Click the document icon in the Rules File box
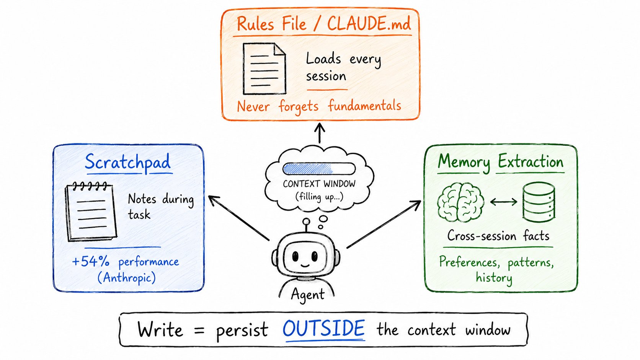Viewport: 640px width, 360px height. coord(264,68)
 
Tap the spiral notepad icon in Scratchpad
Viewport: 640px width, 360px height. coord(91,212)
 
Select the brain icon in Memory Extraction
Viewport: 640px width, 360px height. coord(460,202)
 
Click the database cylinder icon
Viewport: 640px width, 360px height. coord(539,202)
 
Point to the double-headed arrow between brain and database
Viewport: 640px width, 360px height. coord(504,202)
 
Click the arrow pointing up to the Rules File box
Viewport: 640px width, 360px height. coord(320,133)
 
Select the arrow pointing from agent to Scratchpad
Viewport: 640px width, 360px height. coord(239,218)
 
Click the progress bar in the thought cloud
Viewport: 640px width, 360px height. coord(319,169)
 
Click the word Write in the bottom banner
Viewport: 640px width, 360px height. coord(160,329)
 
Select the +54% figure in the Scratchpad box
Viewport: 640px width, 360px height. coord(91,262)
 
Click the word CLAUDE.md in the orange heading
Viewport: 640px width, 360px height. coord(369,23)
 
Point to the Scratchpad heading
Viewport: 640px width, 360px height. coord(128,162)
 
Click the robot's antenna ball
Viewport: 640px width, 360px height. coord(306,222)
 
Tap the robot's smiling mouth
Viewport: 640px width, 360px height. coord(305,265)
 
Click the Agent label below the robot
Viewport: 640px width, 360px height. coord(308,294)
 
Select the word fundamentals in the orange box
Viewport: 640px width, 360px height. coord(364,106)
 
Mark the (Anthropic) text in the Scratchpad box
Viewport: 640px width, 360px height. coord(127,277)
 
